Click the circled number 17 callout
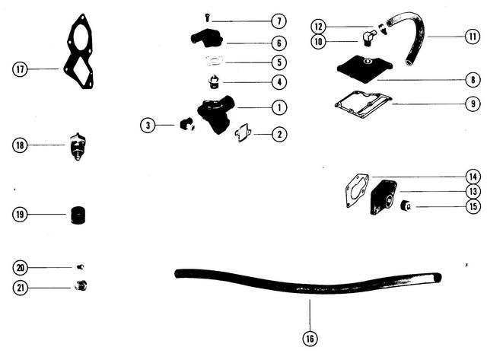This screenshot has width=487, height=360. (x=20, y=69)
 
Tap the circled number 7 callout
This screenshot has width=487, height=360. (x=279, y=21)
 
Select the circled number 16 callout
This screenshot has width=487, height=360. (x=310, y=338)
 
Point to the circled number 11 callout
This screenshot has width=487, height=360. (x=473, y=37)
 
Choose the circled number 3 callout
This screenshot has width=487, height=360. (x=148, y=125)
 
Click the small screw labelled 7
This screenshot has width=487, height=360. (x=207, y=18)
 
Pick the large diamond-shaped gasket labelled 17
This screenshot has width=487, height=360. (x=78, y=51)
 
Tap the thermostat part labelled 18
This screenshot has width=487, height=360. (x=78, y=147)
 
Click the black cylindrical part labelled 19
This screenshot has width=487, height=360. (x=78, y=215)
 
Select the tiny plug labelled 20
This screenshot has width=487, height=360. (x=80, y=266)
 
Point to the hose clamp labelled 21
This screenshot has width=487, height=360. (x=81, y=285)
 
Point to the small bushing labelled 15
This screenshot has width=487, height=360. (x=406, y=205)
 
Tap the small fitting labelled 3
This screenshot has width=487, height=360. (x=187, y=124)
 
